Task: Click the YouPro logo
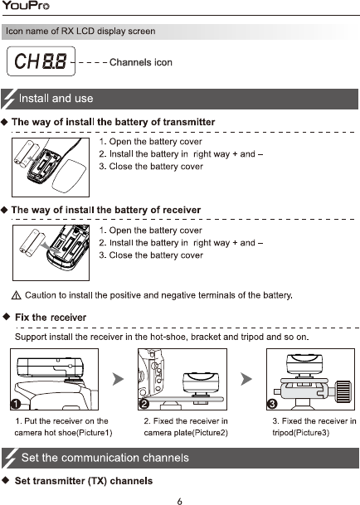coord(26,6)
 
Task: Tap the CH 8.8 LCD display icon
coord(41,61)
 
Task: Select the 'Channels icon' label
coord(141,62)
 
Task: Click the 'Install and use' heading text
coord(56,98)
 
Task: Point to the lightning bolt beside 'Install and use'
coord(8,99)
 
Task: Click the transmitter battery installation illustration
coord(51,168)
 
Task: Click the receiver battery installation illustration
coord(51,253)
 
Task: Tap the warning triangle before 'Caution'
coord(16,295)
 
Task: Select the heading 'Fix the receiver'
coord(51,318)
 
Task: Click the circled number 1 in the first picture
coord(16,404)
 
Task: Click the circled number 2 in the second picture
coord(144,404)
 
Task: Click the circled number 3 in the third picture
coord(273,404)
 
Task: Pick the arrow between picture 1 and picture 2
coord(118,379)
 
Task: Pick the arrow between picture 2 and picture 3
coord(246,379)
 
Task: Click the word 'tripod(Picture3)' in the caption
coord(301,433)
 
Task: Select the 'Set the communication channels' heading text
coord(105,458)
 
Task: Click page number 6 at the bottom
coord(179,501)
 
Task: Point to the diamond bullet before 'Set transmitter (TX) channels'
coord(6,480)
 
